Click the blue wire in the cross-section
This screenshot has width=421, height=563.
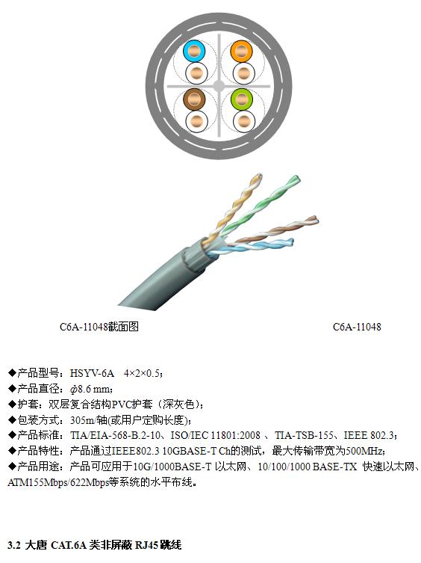click(x=194, y=51)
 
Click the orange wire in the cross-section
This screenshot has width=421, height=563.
click(x=241, y=51)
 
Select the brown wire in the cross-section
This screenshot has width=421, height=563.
click(x=194, y=99)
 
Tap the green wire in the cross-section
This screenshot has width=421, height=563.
click(x=241, y=99)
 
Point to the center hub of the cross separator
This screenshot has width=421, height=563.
click(x=219, y=86)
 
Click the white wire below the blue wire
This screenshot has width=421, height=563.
click(x=196, y=73)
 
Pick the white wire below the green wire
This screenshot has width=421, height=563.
click(x=244, y=121)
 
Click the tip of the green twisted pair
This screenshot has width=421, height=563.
click(x=296, y=178)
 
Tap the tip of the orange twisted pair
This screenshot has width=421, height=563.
click(x=258, y=176)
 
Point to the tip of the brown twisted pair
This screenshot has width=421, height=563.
click(x=315, y=218)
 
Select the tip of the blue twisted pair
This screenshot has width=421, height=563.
click(x=291, y=241)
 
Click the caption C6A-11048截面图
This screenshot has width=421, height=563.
click(x=99, y=327)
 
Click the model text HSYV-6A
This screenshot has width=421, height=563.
click(x=92, y=373)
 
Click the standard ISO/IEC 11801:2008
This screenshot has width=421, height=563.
click(x=215, y=436)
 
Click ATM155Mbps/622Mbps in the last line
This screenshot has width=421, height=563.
click(x=58, y=482)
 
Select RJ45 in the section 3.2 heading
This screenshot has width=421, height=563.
click(x=146, y=545)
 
